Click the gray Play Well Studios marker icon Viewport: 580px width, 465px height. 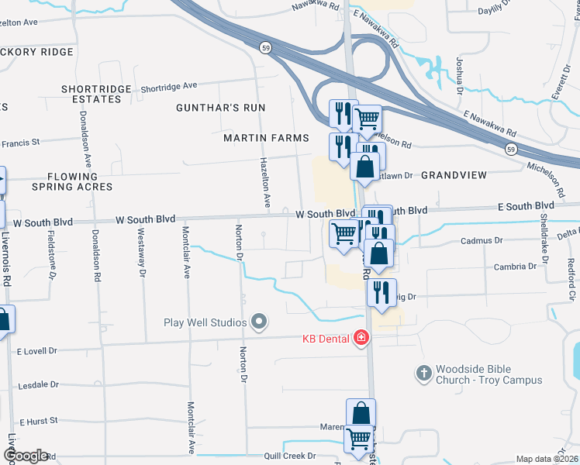259,322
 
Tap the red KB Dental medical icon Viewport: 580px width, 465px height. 361,338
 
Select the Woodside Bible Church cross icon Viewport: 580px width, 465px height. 423,374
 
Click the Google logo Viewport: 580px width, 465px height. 25,456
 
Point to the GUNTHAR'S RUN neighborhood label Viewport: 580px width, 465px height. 220,108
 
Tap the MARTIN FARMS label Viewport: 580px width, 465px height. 266,138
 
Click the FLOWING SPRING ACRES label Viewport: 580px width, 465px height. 72,182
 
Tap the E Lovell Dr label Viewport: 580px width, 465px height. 37,351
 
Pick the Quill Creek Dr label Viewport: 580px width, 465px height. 290,456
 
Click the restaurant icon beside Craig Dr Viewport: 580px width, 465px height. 381,292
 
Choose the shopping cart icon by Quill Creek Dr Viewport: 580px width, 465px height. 358,439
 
